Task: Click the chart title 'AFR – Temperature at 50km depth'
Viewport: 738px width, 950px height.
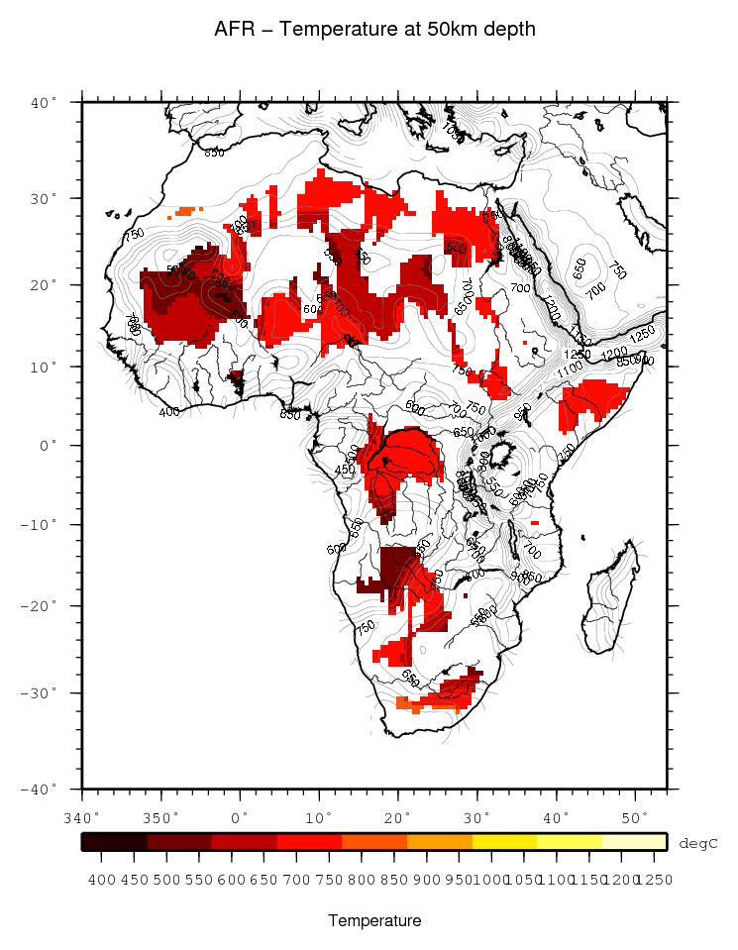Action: coord(374,30)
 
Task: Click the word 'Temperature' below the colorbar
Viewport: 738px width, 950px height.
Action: coord(374,920)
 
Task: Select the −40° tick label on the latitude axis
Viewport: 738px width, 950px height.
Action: coord(44,789)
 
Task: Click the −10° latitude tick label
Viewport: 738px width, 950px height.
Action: coord(44,524)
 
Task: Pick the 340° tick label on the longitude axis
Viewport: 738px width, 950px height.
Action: coord(81,817)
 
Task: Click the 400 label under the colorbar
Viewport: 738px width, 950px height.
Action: coord(98,880)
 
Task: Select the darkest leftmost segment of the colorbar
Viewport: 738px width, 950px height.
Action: coord(115,841)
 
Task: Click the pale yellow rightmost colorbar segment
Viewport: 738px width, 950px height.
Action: coord(634,841)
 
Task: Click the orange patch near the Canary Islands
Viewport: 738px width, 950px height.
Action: coord(185,211)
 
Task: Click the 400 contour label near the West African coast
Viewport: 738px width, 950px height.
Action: coord(169,411)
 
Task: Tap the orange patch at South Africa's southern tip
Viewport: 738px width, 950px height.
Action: coord(403,703)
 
